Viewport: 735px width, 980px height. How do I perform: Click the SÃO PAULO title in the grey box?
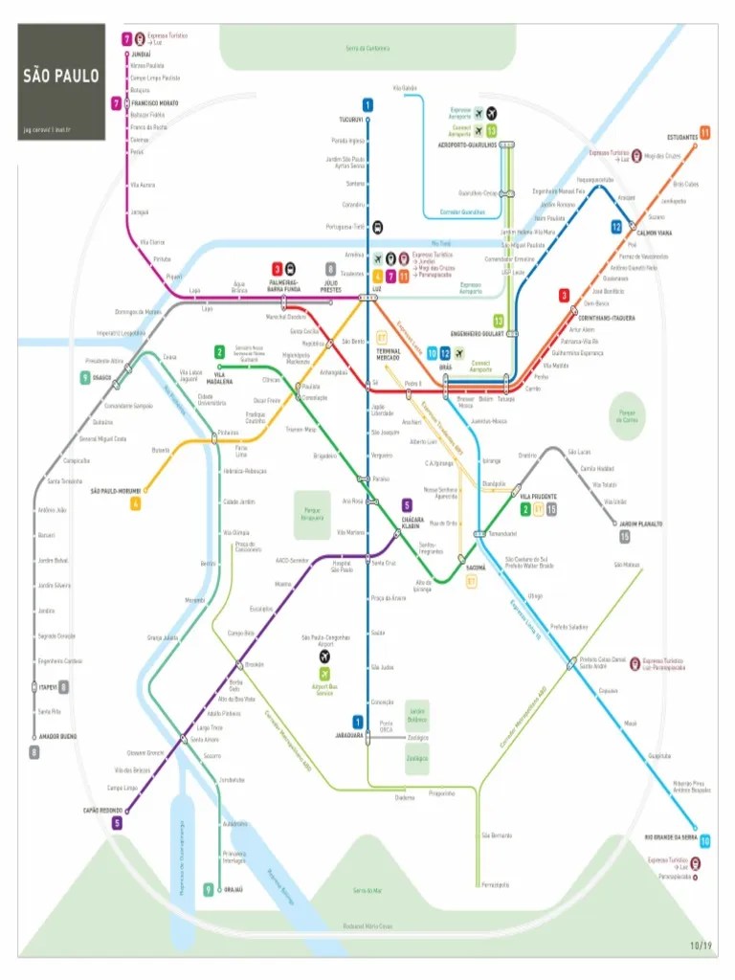(61, 76)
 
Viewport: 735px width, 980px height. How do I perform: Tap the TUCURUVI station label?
(351, 120)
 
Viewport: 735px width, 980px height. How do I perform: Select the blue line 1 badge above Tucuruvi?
(367, 104)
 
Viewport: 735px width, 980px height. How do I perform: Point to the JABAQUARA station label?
(349, 735)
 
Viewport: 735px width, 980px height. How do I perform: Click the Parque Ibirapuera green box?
(312, 514)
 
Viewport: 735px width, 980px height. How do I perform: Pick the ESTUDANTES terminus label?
(682, 138)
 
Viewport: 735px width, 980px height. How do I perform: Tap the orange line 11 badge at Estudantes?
(704, 132)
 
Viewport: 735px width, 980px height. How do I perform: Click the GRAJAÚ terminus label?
(233, 889)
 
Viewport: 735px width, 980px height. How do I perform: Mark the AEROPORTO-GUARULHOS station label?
(467, 145)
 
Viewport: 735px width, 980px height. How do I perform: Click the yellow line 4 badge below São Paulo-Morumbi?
(136, 503)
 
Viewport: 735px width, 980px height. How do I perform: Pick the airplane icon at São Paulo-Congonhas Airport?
(324, 657)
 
